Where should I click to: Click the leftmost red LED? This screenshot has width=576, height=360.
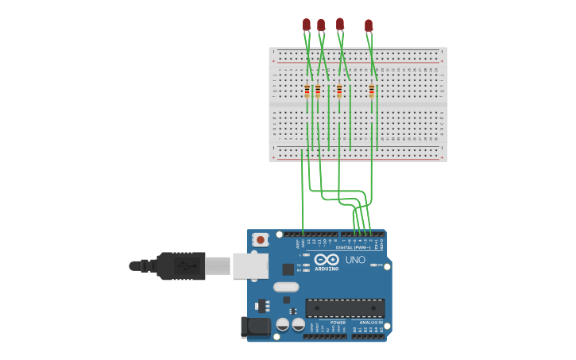click(x=307, y=25)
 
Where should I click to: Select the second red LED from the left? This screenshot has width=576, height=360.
click(x=321, y=25)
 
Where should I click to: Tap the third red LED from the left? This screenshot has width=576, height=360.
click(x=340, y=24)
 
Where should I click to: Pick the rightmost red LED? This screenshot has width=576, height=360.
click(x=369, y=25)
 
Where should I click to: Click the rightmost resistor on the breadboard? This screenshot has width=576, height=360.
click(x=371, y=91)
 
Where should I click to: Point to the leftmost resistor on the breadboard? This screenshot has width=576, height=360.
click(x=307, y=91)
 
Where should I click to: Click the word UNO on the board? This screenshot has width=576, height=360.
click(x=355, y=260)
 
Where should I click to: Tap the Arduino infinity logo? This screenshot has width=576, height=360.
click(x=327, y=259)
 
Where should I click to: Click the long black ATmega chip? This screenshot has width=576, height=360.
click(x=345, y=308)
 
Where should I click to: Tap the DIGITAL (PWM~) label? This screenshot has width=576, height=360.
click(x=353, y=247)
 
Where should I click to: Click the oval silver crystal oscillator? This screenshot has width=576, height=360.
click(x=286, y=287)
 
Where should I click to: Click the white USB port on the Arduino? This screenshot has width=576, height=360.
click(x=249, y=265)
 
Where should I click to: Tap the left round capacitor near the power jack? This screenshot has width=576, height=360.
click(x=283, y=324)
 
